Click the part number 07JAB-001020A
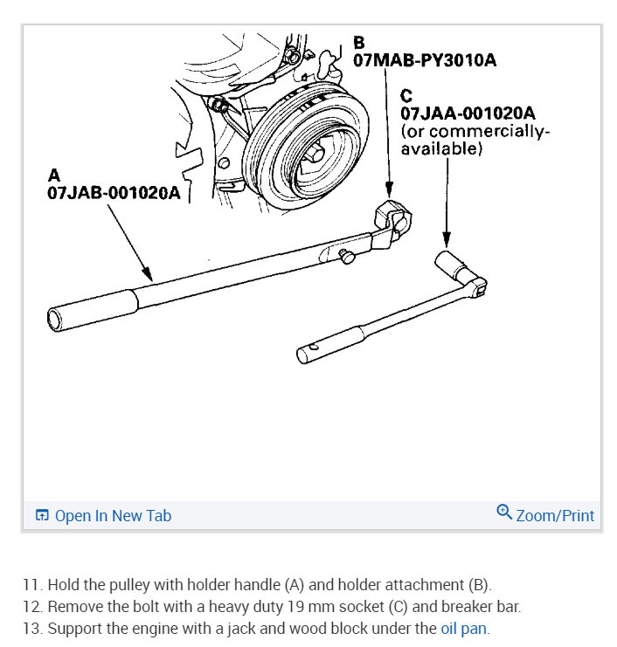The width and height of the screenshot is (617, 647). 114,193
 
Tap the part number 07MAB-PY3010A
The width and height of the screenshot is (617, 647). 425,60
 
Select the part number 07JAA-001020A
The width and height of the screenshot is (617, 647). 468,114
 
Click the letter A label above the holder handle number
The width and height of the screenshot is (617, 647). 53,176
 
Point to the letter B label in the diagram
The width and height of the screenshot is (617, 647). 358,42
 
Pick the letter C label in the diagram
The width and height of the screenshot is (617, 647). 406,95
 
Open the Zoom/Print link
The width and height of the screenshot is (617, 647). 554,515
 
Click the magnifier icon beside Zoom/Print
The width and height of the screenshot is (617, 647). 503,513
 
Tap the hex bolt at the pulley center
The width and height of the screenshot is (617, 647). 315,155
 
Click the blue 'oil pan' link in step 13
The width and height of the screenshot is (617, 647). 463,627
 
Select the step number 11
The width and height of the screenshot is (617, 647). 31,584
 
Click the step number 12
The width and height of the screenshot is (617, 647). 31,606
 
